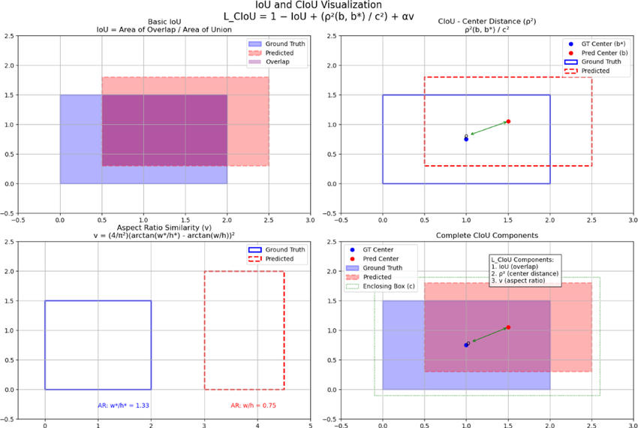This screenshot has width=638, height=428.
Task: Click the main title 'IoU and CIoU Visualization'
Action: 318,5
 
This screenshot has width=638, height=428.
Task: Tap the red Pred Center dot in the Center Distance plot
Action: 508,122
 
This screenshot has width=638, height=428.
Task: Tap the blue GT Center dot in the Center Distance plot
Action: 466,139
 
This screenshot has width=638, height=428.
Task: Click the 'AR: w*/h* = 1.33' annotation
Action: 124,405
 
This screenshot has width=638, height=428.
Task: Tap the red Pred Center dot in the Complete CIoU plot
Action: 508,327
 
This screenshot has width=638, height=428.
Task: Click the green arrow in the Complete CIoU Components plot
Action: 488,336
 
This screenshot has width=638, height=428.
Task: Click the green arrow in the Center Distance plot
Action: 488,129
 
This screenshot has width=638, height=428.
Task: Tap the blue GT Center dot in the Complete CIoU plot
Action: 466,345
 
